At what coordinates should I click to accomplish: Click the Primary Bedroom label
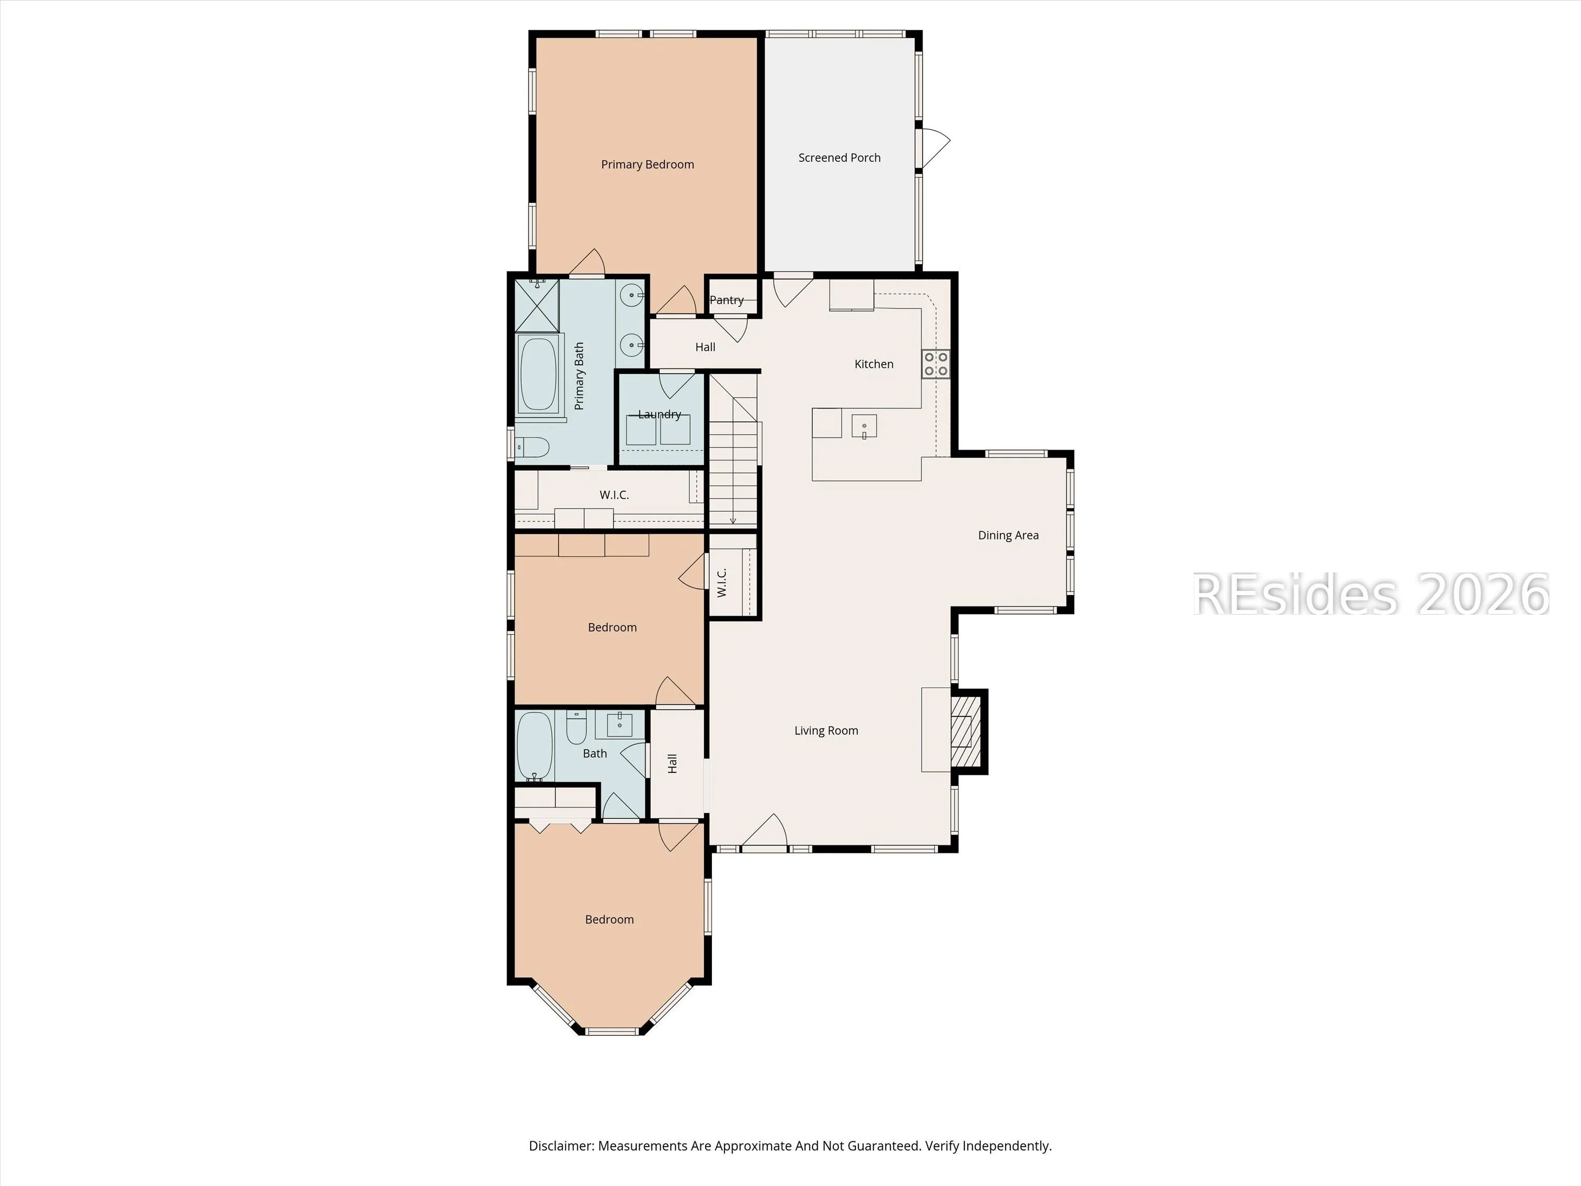648,164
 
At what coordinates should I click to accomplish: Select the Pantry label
726,300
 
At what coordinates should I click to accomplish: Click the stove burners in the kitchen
935,363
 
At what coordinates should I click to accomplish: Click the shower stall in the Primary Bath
538,305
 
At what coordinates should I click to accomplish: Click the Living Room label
826,731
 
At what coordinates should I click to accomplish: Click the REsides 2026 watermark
1371,594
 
